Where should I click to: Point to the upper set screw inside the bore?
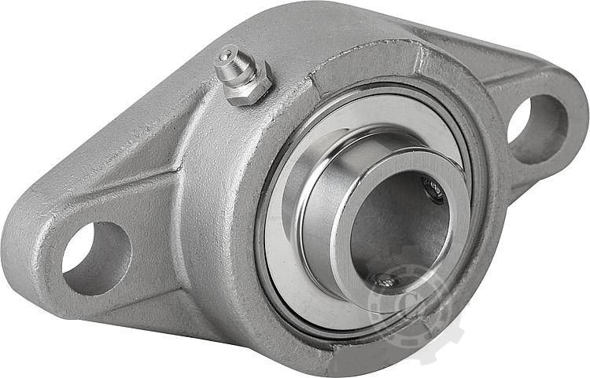point(433,188)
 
